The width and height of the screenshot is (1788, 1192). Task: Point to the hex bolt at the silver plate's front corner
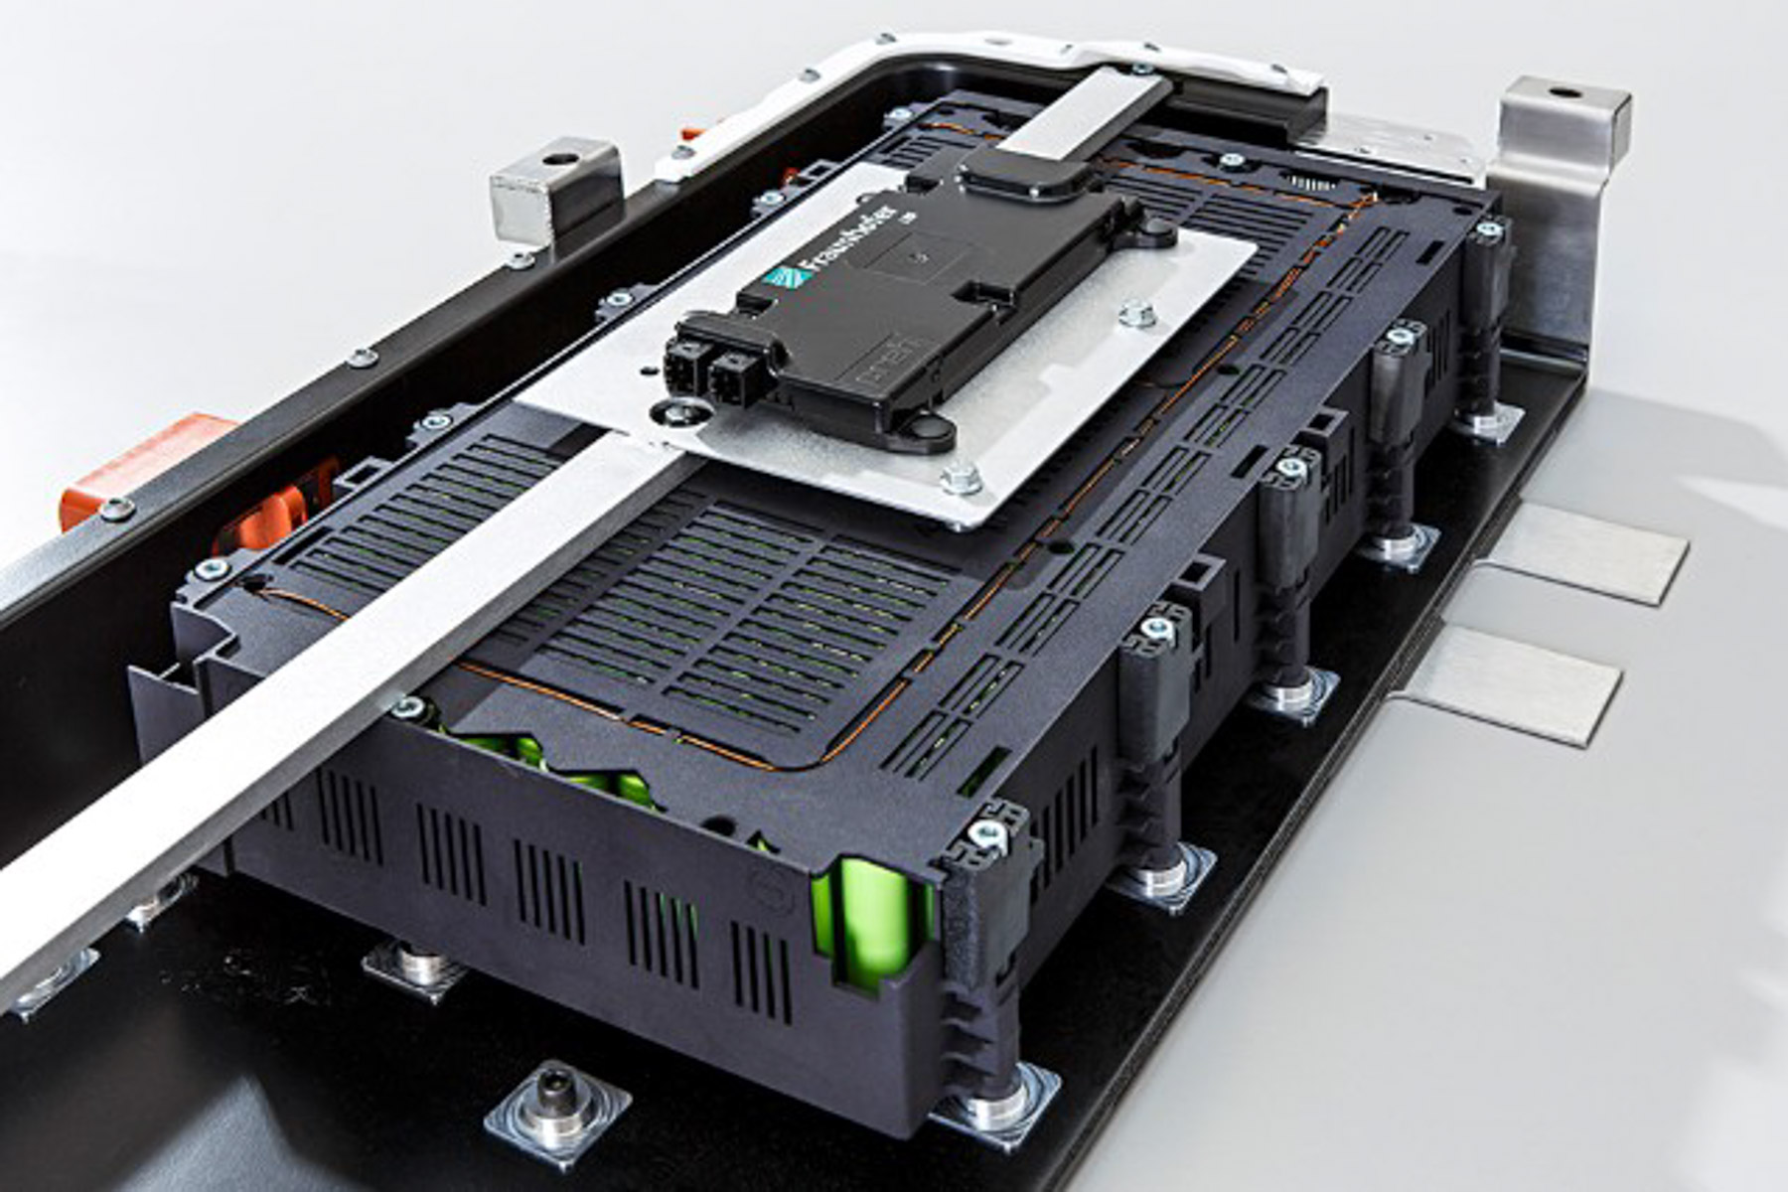[960, 480]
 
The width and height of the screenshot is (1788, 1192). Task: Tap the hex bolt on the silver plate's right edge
[1133, 315]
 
